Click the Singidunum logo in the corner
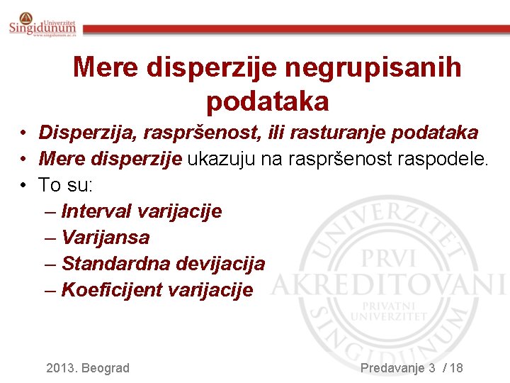(x=42, y=26)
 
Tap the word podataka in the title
(x=268, y=102)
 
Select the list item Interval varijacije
(x=142, y=211)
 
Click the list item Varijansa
(x=106, y=238)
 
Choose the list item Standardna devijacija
(x=163, y=264)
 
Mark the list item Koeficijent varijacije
(x=157, y=290)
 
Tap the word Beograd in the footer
(x=106, y=367)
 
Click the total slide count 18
(x=456, y=367)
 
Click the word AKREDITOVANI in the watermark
(x=388, y=286)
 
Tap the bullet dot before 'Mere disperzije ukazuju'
(x=23, y=160)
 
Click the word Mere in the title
(x=106, y=68)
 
